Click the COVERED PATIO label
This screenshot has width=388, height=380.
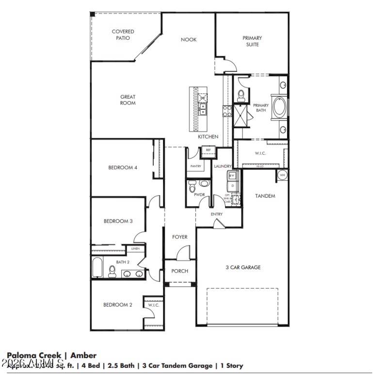coord(123,35)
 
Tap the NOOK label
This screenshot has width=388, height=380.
coord(189,40)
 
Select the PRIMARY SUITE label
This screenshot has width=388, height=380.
coord(252,41)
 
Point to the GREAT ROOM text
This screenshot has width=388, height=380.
coord(128,100)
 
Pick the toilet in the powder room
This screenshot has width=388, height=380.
coord(192,186)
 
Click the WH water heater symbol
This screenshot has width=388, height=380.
coord(282,174)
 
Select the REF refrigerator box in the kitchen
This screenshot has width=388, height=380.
coord(208,150)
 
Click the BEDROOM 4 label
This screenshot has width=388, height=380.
coord(123,168)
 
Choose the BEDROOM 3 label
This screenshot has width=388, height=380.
coord(118,221)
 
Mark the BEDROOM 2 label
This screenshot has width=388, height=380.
coord(117,305)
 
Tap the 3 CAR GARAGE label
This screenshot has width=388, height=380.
coord(243,267)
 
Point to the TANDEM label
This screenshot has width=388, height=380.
coord(265,196)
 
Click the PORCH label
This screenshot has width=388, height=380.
coord(179,271)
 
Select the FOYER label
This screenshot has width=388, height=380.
coord(179,237)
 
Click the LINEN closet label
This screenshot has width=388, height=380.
coord(135,249)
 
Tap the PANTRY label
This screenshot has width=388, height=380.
coord(195,166)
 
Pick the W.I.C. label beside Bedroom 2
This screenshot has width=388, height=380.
coord(153,305)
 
